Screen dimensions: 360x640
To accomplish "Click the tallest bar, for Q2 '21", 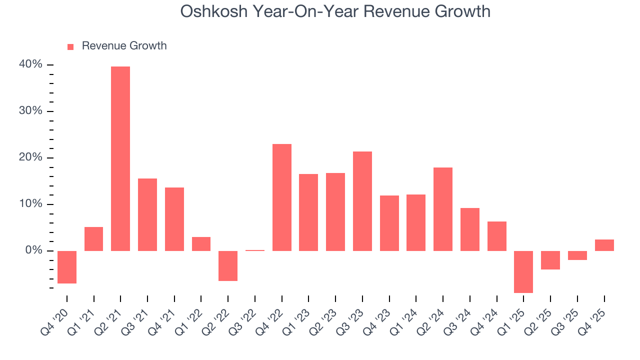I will (120, 158).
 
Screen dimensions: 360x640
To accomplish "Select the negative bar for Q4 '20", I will (67, 267).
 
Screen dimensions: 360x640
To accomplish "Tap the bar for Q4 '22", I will (282, 197).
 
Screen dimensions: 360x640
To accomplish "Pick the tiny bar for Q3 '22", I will (255, 250).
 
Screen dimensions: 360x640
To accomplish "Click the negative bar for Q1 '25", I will (523, 271).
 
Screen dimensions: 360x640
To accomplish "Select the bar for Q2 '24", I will (443, 209).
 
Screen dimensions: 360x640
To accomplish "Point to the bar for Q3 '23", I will (362, 201).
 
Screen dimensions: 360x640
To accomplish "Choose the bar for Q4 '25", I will (604, 245).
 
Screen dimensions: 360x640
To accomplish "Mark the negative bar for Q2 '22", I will (228, 265).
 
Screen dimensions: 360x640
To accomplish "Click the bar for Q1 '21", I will (94, 239).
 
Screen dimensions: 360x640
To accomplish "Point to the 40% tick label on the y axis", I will (30, 64).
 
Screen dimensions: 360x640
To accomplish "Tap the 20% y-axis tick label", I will (30, 157).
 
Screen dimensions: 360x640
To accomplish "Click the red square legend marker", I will (70, 46).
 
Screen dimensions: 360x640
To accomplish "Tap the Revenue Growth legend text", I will (124, 46).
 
